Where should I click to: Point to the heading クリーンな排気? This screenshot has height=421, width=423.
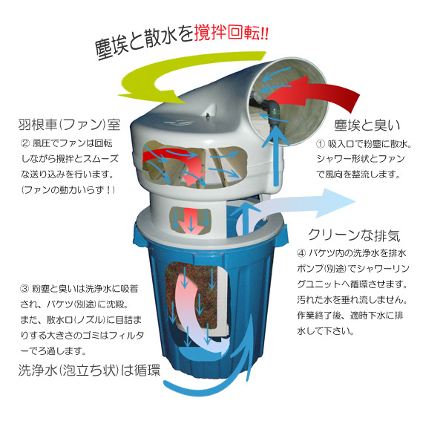click(x=354, y=237)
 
